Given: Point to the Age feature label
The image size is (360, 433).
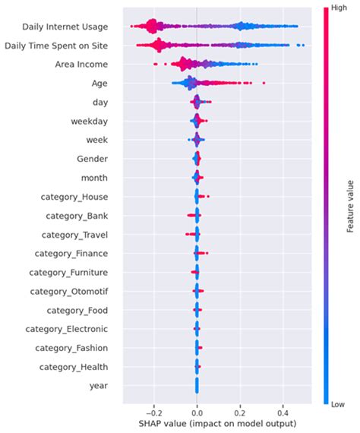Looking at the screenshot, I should point(98,84).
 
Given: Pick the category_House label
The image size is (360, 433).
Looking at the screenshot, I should point(74,197).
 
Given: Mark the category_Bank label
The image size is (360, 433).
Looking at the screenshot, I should point(76,216).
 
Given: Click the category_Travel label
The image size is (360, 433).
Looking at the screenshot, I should point(74,235).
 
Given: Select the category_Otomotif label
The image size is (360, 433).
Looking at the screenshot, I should point(68,291).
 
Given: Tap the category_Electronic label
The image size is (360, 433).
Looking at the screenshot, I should point(68,329).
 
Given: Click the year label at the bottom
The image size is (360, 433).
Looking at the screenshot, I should point(97,386).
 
